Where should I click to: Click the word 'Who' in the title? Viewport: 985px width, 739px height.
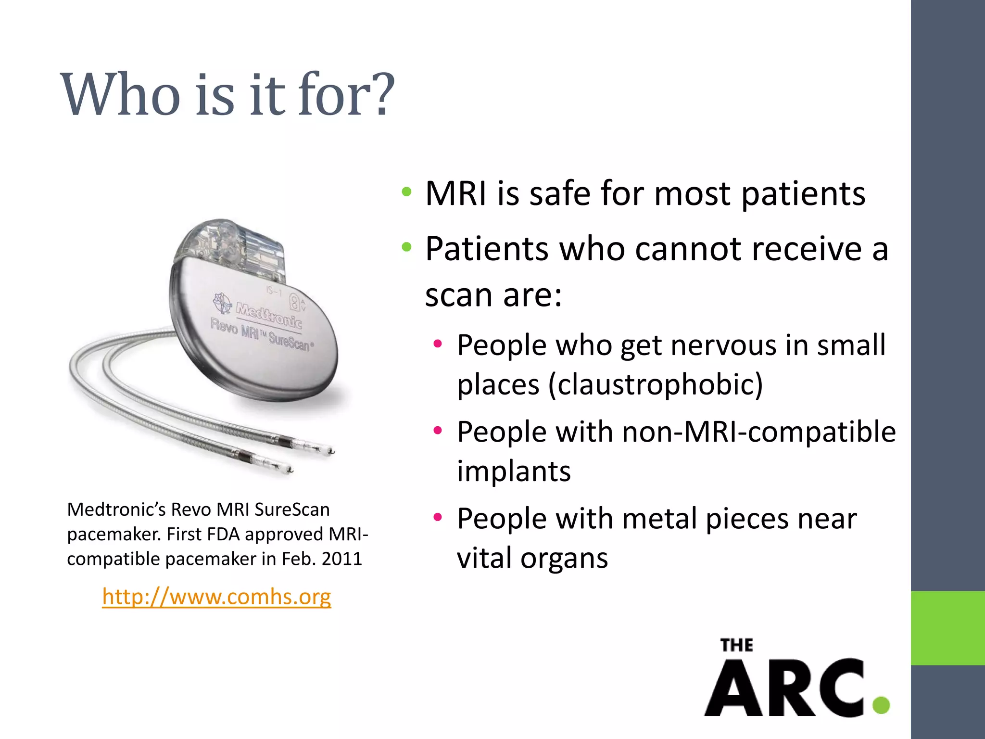[120, 95]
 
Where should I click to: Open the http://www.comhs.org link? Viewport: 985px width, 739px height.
[216, 597]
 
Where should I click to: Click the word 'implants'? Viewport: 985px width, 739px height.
[514, 471]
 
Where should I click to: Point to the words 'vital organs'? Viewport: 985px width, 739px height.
[532, 558]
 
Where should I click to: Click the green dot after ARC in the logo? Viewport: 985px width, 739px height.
[881, 705]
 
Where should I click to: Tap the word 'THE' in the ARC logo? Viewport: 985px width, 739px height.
[736, 645]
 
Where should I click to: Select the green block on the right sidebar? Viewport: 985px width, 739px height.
[947, 628]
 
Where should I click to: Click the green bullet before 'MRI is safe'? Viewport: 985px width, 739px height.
[407, 192]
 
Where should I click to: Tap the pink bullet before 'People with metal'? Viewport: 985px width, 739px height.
[437, 518]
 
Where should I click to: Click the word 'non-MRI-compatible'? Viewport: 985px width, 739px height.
[759, 432]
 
